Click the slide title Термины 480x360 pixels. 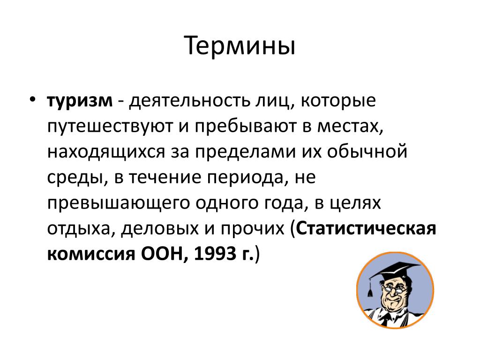point(240,46)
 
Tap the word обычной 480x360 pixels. point(367,151)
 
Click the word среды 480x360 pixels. point(75,178)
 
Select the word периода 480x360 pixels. point(245,178)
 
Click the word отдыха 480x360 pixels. point(78,229)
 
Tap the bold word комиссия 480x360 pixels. point(91,254)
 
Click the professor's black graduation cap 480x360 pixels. point(394,271)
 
